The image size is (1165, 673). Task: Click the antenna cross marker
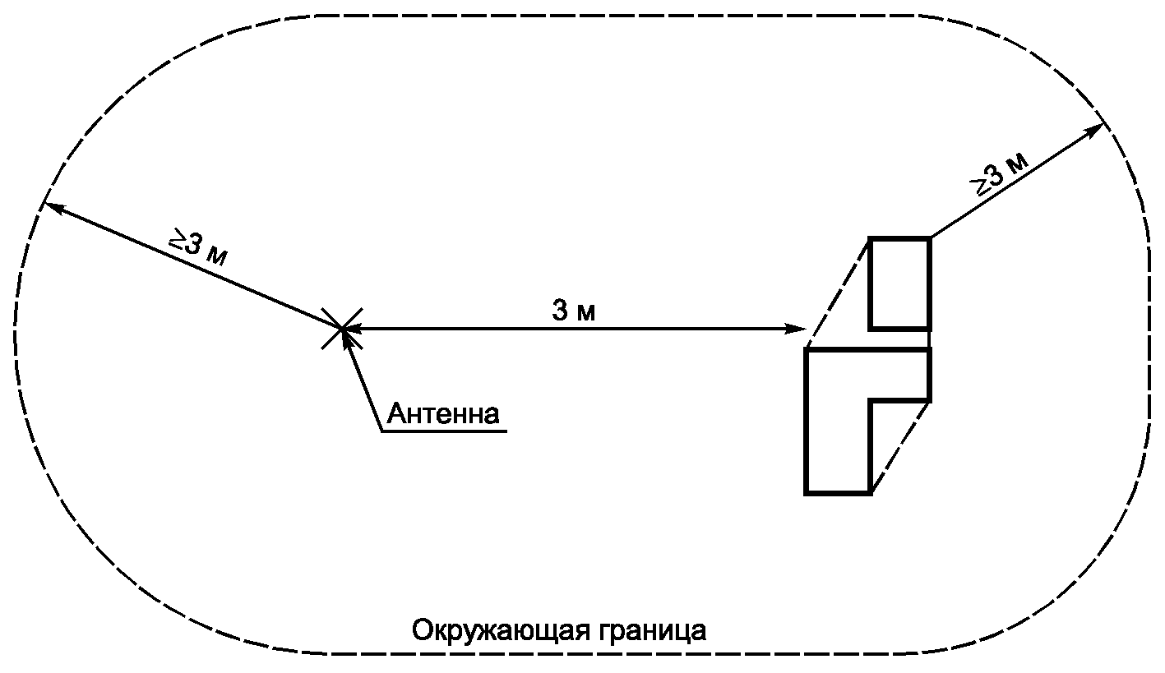point(341,329)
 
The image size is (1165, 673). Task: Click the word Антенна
point(443,413)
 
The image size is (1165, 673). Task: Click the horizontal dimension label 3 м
point(573,310)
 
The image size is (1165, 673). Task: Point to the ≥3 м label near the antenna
point(198,247)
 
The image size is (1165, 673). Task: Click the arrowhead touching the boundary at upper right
point(1097,128)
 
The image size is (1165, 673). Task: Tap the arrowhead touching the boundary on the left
point(51,206)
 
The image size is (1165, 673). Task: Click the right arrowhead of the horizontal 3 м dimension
point(797,329)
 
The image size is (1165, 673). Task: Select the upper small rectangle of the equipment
point(899,283)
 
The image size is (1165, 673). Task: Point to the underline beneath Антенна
point(444,431)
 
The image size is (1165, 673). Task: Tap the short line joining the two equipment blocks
point(929,339)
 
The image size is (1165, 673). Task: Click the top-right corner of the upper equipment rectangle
point(929,238)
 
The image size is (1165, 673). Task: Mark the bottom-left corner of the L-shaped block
point(807,492)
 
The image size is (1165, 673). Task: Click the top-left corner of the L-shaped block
point(807,351)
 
